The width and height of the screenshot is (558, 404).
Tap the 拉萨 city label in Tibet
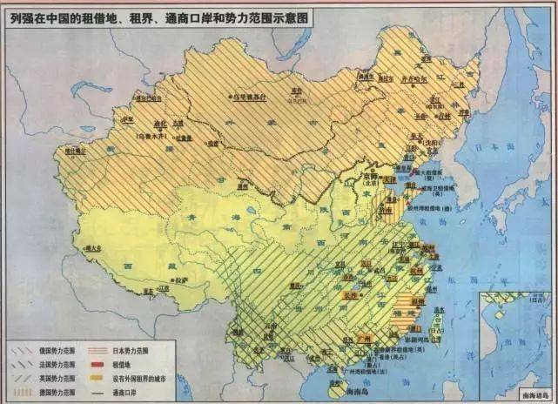point(179,280)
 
